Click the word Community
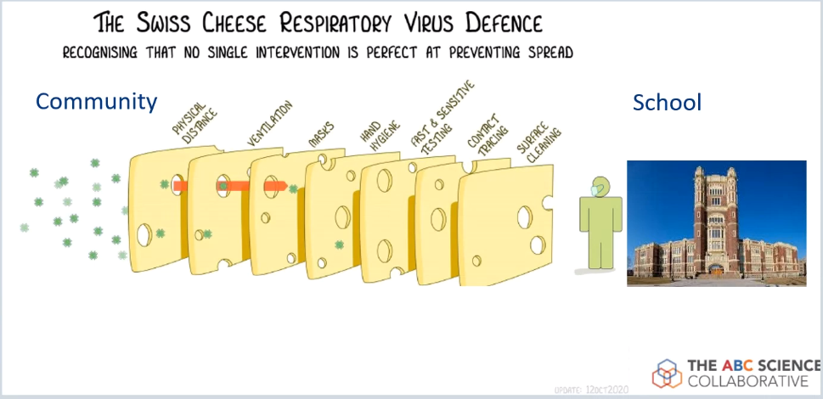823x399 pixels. (96, 103)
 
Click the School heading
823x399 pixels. (667, 103)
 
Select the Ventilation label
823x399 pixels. (270, 124)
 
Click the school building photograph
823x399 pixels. (716, 222)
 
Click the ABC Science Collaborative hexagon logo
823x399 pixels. (668, 372)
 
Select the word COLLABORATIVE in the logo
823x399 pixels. (747, 380)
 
